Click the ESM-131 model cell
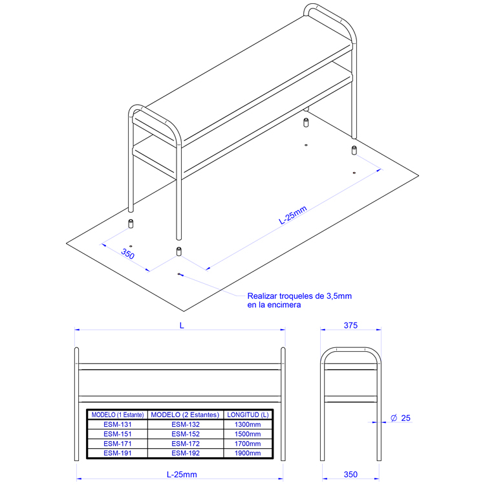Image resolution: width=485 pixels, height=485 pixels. (118, 424)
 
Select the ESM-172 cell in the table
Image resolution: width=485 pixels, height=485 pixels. (186, 444)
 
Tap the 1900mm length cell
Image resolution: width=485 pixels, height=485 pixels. (248, 453)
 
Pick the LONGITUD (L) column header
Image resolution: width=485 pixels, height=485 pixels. (248, 415)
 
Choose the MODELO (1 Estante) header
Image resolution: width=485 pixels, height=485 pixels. (118, 415)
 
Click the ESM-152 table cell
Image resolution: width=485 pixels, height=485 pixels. (186, 434)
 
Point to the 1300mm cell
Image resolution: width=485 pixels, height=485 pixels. (248, 424)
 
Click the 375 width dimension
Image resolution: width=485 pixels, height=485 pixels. (350, 325)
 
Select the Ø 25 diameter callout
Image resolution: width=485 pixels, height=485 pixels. (400, 418)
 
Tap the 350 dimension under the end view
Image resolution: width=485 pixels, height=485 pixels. (350, 475)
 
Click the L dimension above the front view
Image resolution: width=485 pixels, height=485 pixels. (182, 325)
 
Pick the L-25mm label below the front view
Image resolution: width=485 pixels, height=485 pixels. (182, 475)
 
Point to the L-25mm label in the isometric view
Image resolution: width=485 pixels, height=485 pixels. (292, 215)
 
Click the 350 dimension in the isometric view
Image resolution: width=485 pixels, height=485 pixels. (128, 254)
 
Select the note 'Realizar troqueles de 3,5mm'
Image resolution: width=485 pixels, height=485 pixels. (299, 296)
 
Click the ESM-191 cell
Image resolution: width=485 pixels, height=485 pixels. (118, 453)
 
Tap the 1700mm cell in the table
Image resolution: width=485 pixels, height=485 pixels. (248, 444)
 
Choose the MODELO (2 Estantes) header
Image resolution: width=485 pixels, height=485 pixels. (185, 415)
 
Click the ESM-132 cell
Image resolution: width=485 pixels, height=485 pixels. (186, 424)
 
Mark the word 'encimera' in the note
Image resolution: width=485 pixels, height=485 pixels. (284, 305)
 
